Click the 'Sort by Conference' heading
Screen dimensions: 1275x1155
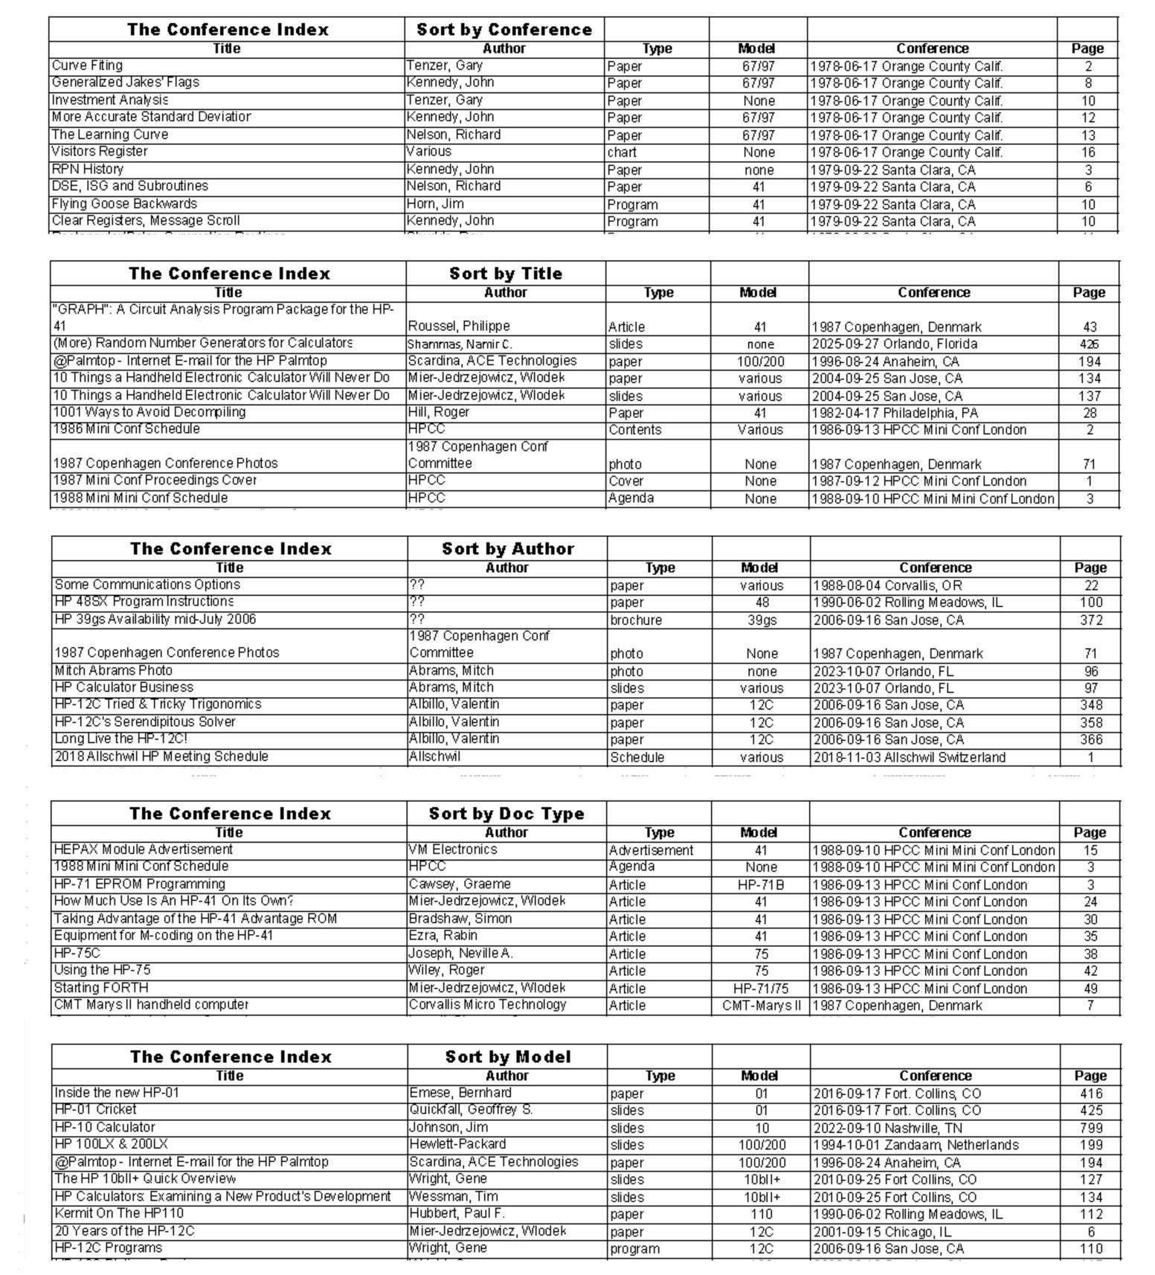504,30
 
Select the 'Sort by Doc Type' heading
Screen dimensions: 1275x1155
506,814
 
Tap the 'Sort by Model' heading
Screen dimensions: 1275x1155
508,1057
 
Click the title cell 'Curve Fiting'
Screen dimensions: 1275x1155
88,65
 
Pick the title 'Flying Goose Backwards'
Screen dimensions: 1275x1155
124,204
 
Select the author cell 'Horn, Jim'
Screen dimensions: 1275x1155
435,204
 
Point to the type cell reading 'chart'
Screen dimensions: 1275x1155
622,152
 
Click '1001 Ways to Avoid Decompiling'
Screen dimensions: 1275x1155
149,412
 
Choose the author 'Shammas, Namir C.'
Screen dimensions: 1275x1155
460,344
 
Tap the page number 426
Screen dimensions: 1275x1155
1089,344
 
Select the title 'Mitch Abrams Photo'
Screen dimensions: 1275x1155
113,671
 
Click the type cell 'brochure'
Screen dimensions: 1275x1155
636,620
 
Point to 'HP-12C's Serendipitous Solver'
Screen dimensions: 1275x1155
144,722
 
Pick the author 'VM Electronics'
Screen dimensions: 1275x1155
453,850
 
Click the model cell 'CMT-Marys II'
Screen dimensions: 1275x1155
761,1006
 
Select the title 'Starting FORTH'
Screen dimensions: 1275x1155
101,989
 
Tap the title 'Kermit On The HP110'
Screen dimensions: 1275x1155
119,1214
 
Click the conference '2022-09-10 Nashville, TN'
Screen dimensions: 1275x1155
887,1128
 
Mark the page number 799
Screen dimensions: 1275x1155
1090,1128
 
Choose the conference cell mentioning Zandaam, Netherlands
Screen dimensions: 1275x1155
916,1146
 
